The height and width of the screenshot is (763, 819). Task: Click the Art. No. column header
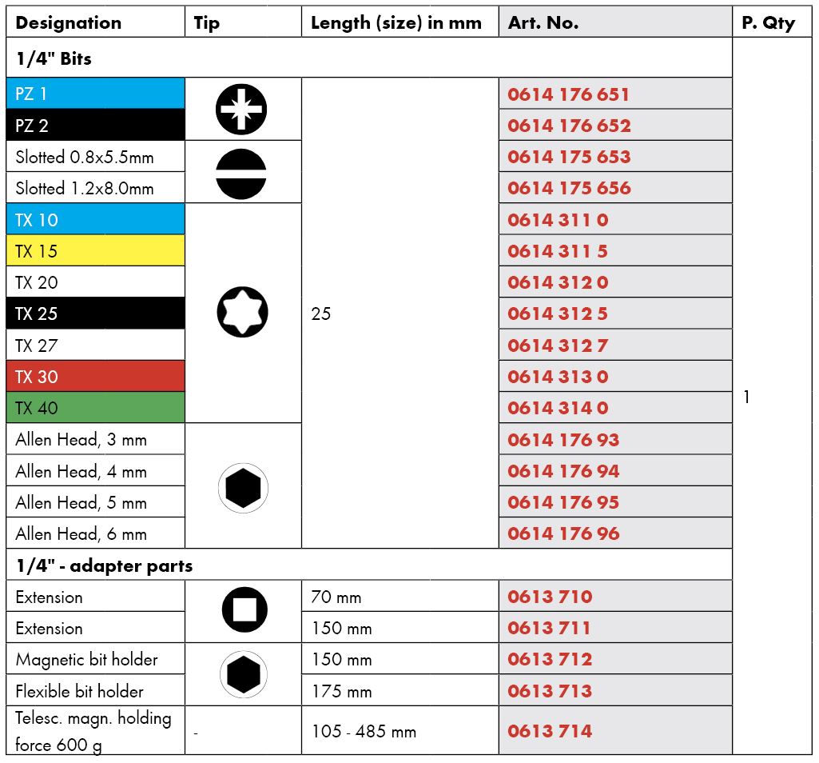[x=543, y=23]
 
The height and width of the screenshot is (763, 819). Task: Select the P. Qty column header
[x=768, y=23]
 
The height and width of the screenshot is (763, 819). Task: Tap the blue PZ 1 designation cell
[x=96, y=94]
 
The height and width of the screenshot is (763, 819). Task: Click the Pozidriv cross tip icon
[x=241, y=109]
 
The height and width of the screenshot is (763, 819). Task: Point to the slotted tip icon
[x=241, y=172]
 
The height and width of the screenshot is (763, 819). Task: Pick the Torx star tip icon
[x=242, y=313]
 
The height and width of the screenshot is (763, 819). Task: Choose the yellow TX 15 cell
[x=96, y=250]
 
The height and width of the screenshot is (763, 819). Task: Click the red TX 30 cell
[x=96, y=376]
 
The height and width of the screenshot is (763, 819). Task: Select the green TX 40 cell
[x=96, y=407]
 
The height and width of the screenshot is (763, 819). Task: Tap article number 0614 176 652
[x=569, y=126]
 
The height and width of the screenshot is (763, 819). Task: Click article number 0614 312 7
[x=558, y=345]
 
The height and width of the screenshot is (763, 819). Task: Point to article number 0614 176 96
[x=563, y=533]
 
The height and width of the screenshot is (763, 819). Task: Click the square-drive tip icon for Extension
[x=244, y=612]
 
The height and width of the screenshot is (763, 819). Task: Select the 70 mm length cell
[x=336, y=597]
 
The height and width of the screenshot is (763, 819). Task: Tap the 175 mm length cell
[x=341, y=690]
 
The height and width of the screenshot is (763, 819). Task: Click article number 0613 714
[x=550, y=730]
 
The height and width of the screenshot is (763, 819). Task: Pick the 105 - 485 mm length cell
[x=364, y=731]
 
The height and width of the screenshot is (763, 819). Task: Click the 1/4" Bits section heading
[x=54, y=58]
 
